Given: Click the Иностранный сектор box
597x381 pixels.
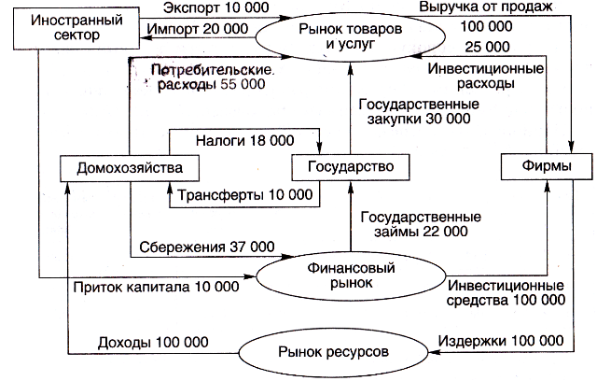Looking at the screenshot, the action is pos(76,28).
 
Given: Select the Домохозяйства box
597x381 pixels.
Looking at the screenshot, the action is pos(130,168).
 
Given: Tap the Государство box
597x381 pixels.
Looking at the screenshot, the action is pos(351,167).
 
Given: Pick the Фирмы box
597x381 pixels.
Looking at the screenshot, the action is pos(547,166).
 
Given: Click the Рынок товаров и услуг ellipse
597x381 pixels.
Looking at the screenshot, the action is pos(351,36).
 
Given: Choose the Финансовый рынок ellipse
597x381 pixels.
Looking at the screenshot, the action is pos(351,275).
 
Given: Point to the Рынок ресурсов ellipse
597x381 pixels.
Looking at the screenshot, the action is pos(334,352).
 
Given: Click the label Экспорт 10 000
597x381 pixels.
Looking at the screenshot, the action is pos(215,7).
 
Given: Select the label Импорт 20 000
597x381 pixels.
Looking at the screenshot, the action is pos(198,29).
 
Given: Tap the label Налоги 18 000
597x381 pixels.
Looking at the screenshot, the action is pos(244,141).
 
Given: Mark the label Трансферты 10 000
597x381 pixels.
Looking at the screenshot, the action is pos(244,195).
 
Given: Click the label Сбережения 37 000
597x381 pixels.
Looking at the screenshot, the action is pos(207,247).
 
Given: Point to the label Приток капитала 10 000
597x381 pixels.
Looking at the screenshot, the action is pos(156,287).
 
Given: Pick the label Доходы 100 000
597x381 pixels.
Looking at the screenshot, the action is pos(153,343).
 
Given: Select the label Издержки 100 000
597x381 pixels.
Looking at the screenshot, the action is pos(501,341).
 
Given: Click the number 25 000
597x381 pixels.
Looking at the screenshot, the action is pos(487,47).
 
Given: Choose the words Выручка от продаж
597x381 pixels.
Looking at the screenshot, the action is pos(486,7).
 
